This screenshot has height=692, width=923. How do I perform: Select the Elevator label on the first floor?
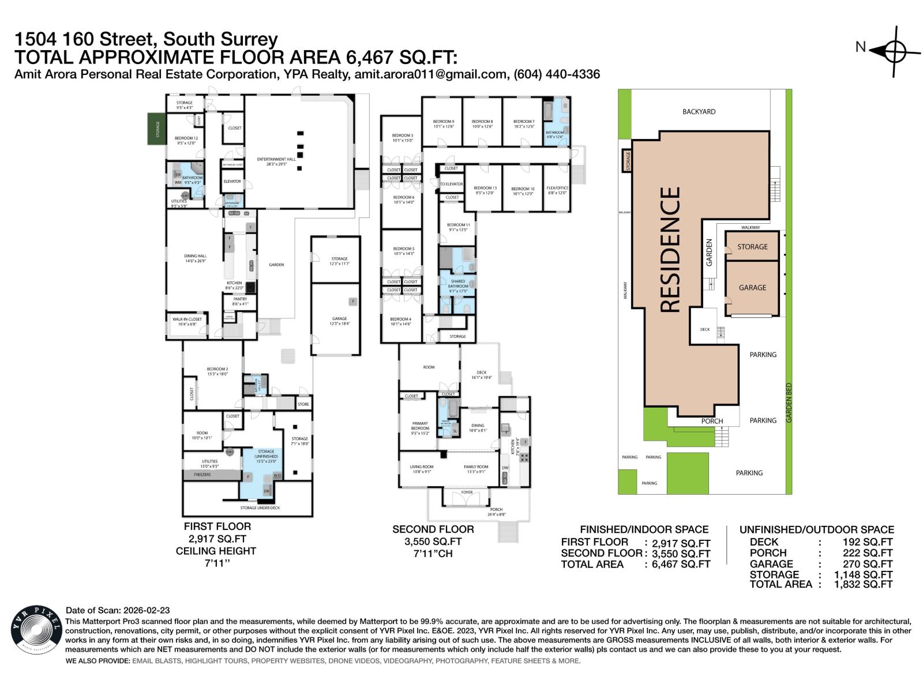click(x=232, y=181)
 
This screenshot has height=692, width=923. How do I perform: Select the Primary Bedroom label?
click(x=420, y=426)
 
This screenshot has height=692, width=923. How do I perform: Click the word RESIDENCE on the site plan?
click(x=670, y=250)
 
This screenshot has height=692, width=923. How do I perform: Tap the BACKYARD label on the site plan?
click(x=699, y=111)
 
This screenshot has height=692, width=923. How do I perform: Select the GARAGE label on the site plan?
click(x=752, y=287)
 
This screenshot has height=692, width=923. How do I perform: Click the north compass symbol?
click(x=893, y=51)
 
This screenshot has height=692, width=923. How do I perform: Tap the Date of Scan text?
click(x=118, y=610)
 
